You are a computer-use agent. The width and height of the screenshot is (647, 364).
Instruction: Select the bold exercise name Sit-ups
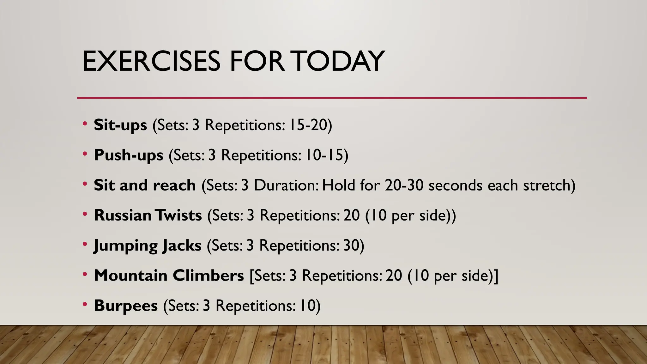click(x=120, y=125)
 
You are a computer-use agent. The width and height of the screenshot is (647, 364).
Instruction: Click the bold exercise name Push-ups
click(x=129, y=155)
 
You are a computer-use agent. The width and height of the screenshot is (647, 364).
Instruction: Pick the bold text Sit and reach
click(x=145, y=185)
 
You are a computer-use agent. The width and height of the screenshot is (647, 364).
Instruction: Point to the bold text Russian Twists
click(x=148, y=215)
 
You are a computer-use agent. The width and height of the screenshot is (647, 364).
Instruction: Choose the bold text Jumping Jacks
click(x=148, y=246)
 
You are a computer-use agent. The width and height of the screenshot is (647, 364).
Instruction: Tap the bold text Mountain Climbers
click(x=169, y=276)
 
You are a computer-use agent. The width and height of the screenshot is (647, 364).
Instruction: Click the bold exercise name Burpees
click(x=126, y=306)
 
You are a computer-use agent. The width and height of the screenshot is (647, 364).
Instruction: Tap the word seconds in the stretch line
click(x=455, y=185)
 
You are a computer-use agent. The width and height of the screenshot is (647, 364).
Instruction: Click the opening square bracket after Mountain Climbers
click(x=251, y=276)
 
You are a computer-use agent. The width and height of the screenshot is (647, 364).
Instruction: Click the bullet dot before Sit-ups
click(x=85, y=124)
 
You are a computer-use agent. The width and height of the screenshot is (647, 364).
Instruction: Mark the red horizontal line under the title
click(x=332, y=98)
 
